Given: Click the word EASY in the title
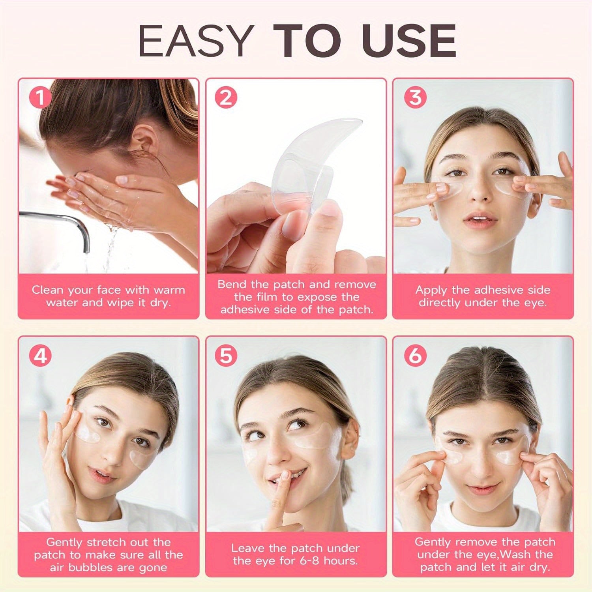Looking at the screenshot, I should [195, 41].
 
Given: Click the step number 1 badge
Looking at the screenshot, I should [40, 97].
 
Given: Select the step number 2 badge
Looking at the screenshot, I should [226, 97].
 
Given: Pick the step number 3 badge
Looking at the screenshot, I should [416, 97].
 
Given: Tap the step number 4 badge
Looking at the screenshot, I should [40, 356].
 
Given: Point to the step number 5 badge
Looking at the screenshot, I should [226, 356].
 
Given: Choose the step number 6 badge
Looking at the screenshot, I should [416, 356].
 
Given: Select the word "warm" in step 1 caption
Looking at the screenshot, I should [169, 290].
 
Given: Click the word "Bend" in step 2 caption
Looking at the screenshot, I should [232, 285].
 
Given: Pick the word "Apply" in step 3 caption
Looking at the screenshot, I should [431, 290].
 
